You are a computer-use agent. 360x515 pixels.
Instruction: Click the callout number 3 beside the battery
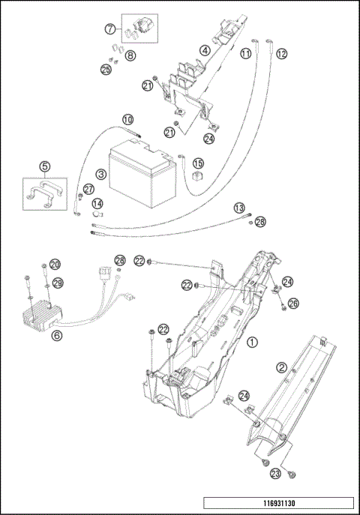click(x=101, y=174)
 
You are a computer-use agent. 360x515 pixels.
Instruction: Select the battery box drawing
click(x=142, y=173)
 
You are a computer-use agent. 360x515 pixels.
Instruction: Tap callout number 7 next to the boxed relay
click(x=110, y=29)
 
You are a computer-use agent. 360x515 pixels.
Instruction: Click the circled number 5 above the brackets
click(x=45, y=166)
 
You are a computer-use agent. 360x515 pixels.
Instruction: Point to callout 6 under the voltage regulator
click(x=57, y=335)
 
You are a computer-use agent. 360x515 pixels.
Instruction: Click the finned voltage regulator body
click(x=42, y=316)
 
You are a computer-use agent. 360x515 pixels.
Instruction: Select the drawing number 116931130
click(x=279, y=503)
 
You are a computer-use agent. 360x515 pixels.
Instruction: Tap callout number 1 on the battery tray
click(x=252, y=343)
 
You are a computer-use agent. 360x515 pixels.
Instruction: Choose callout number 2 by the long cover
click(x=282, y=367)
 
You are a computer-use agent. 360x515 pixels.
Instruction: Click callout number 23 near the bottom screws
click(x=275, y=473)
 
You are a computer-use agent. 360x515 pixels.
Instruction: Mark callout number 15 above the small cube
click(x=198, y=163)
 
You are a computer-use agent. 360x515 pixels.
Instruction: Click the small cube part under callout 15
click(x=197, y=175)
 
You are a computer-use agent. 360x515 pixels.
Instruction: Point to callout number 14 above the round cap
click(x=97, y=204)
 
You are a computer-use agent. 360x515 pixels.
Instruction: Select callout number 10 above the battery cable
click(x=128, y=119)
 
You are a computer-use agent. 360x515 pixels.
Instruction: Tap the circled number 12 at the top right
click(x=281, y=53)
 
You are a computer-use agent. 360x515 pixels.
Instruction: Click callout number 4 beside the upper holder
click(x=205, y=50)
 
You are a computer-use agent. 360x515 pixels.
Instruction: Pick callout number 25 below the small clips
click(x=106, y=69)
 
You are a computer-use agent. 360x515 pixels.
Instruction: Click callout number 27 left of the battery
click(x=88, y=189)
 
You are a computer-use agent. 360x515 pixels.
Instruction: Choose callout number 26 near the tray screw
click(x=293, y=303)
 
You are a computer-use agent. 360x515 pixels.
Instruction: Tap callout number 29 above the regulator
click(x=58, y=283)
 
